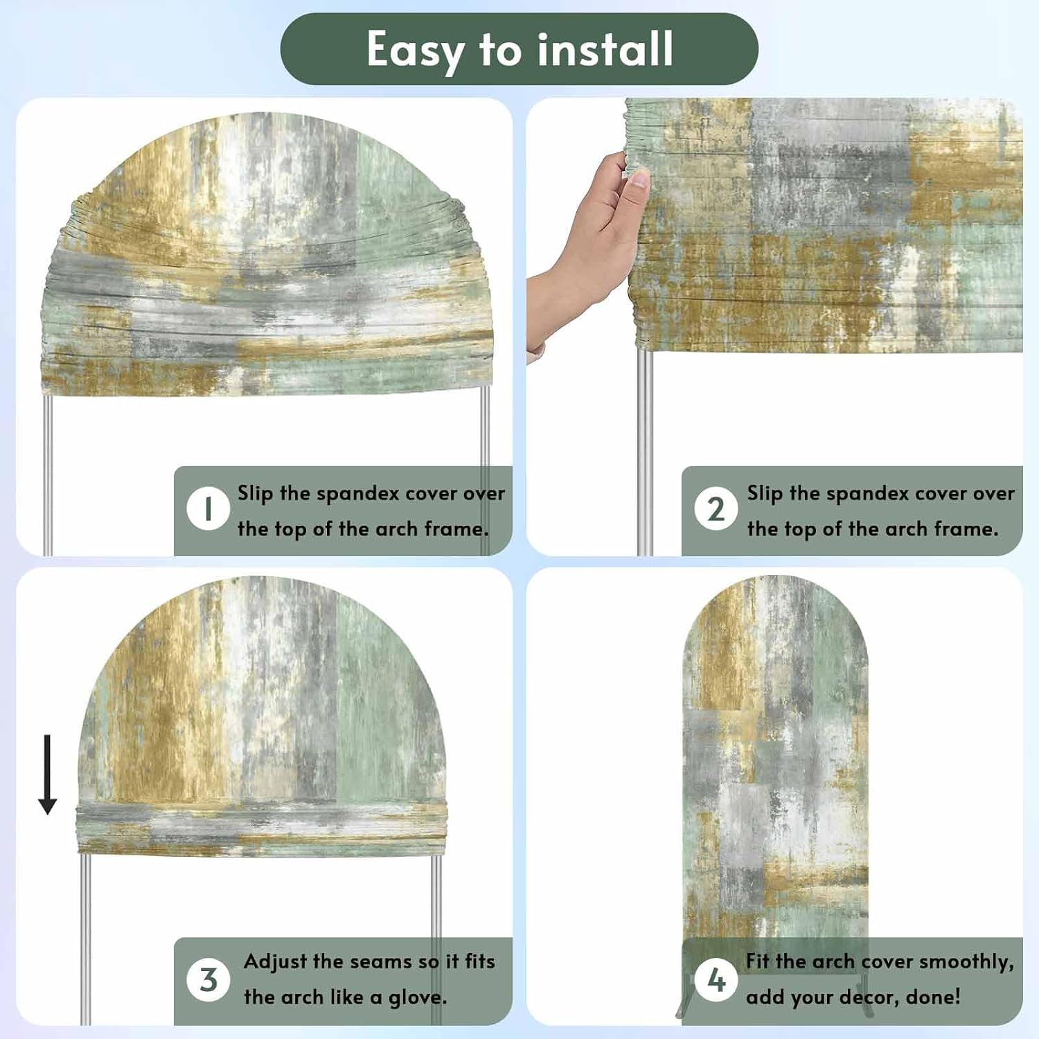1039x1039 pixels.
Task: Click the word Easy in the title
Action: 414,51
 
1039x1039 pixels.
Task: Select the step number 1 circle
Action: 208,510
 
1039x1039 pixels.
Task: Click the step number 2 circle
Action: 716,510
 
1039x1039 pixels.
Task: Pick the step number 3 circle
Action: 208,979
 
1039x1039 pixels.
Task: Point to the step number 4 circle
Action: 716,979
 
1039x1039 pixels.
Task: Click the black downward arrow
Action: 47,774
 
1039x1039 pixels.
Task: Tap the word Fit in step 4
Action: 758,961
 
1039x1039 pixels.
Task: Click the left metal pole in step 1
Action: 48,474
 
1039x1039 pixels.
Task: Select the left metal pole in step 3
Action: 85,939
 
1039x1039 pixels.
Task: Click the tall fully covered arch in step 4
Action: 775,762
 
